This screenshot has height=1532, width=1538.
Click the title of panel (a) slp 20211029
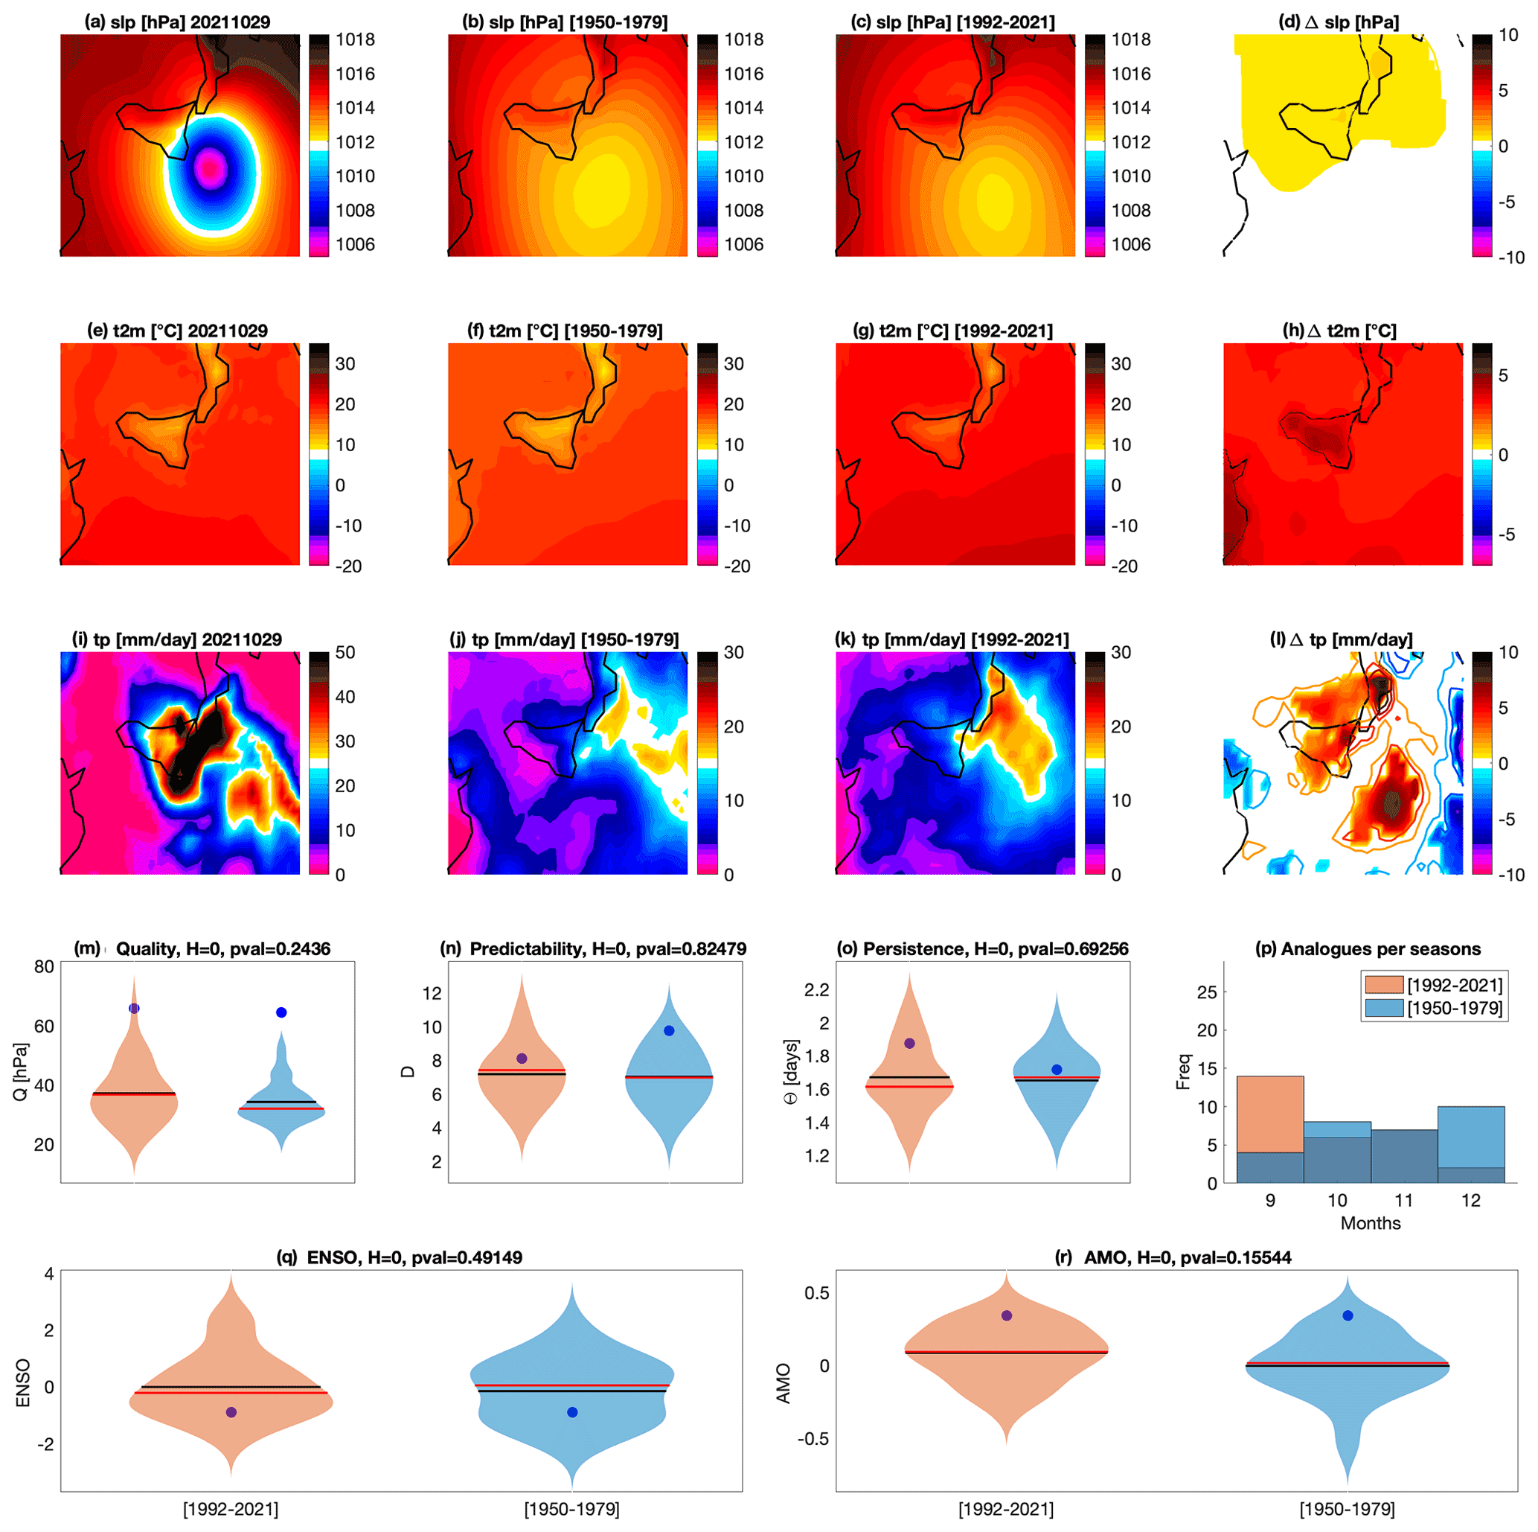(178, 22)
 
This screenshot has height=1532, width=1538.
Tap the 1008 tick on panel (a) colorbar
(355, 210)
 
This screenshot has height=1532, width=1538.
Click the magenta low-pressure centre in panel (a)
(210, 168)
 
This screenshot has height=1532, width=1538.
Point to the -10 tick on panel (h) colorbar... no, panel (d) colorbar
(1511, 257)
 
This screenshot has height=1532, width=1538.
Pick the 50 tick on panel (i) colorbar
(345, 652)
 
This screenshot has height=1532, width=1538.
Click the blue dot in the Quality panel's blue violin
(281, 1013)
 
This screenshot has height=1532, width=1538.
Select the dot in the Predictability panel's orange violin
(522, 1059)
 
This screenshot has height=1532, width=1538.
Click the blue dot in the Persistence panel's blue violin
(1057, 1070)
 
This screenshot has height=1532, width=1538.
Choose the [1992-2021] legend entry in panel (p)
(1455, 986)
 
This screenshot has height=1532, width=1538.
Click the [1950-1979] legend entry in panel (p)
(1455, 1008)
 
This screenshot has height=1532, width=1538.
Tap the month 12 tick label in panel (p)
(1470, 1201)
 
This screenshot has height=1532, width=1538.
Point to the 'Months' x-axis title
(1370, 1223)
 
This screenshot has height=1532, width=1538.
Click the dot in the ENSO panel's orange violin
(231, 1411)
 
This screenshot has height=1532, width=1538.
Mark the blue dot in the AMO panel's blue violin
(1348, 1315)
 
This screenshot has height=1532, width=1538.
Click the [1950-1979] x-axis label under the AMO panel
(1347, 1509)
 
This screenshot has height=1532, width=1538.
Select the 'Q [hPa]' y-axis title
(22, 1072)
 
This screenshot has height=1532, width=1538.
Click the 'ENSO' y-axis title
(23, 1383)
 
